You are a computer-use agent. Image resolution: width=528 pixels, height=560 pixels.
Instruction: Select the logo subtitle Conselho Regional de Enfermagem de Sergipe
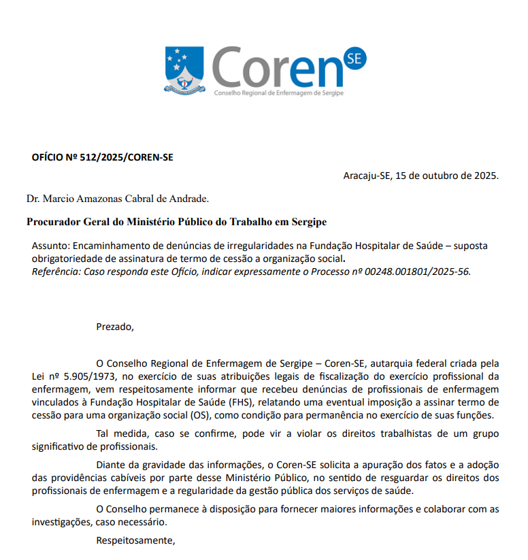coord(278,92)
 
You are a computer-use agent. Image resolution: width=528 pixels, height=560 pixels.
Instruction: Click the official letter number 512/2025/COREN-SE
coord(127,157)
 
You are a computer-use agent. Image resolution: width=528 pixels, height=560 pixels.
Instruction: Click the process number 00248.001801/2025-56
coord(413,271)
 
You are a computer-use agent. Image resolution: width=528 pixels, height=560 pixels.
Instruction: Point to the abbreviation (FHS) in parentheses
coord(225,402)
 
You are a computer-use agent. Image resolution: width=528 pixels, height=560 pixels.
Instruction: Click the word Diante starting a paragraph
coord(112,465)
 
